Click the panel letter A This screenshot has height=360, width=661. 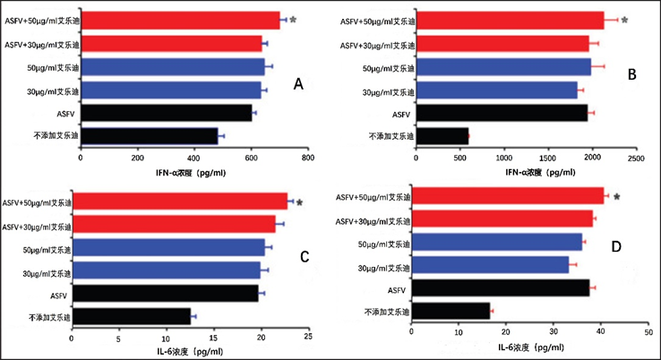(300, 84)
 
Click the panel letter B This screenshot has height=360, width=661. (631, 77)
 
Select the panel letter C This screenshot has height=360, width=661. (304, 257)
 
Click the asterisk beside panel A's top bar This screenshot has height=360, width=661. (293, 20)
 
